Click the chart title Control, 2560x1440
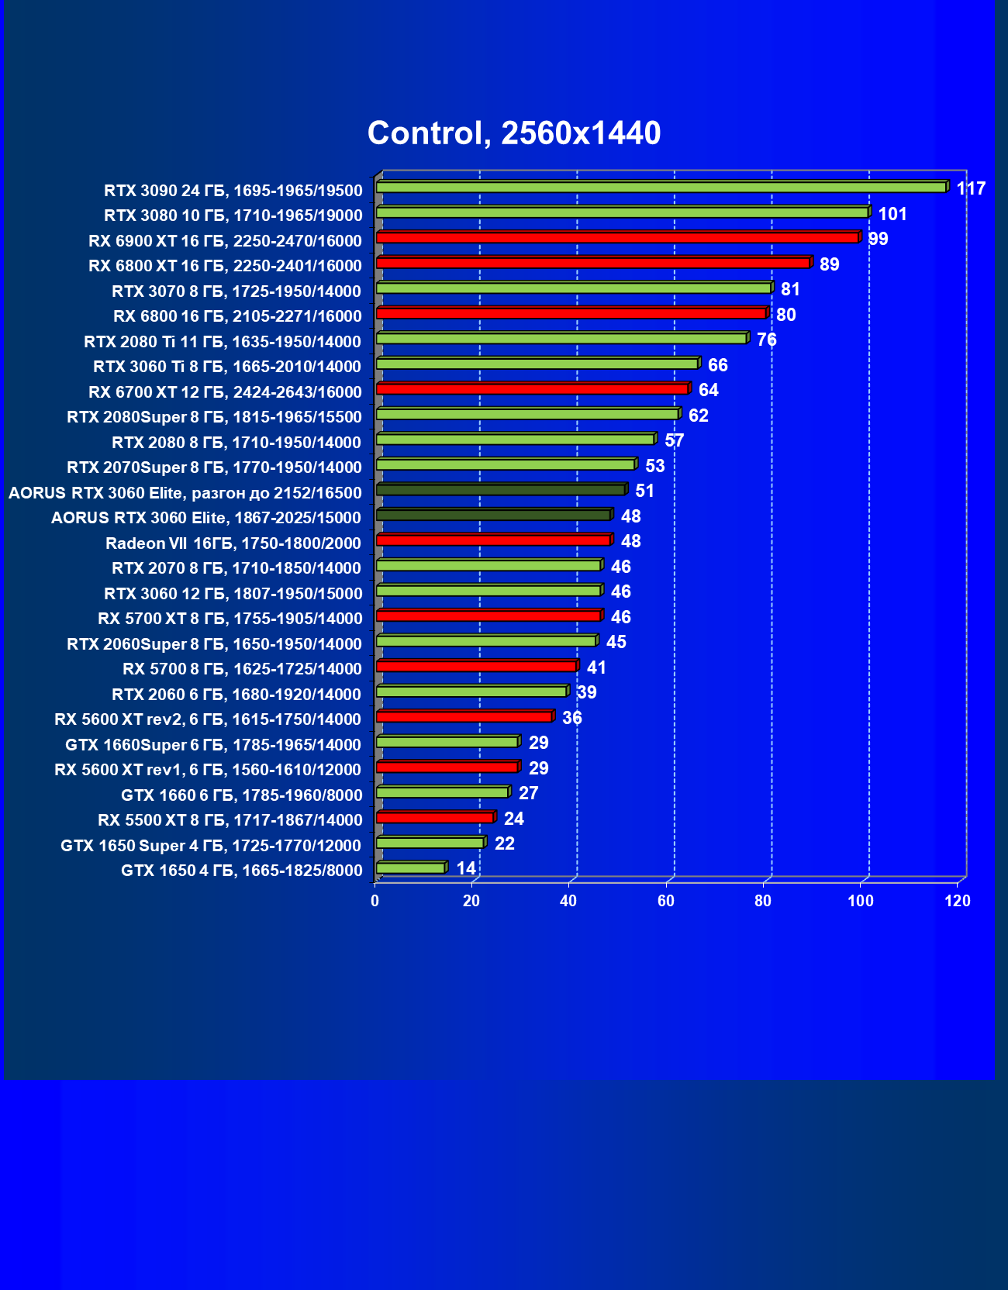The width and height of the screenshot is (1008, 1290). [x=514, y=133]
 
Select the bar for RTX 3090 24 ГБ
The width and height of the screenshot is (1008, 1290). [x=661, y=188]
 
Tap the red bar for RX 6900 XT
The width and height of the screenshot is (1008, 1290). [x=617, y=238]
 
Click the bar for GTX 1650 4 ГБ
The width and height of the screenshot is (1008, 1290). [x=411, y=868]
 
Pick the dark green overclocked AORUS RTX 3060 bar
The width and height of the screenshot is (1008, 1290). [x=501, y=490]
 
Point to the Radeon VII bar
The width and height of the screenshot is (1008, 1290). [x=493, y=540]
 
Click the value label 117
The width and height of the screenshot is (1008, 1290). [x=970, y=188]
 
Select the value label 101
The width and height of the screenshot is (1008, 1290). [x=892, y=214]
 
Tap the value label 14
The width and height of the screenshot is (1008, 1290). [x=466, y=868]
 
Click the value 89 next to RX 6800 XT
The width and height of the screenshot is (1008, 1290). [x=829, y=264]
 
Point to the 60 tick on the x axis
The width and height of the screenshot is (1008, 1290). [x=666, y=901]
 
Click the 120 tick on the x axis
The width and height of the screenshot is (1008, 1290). [x=958, y=901]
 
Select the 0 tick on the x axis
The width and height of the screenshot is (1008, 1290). [x=375, y=901]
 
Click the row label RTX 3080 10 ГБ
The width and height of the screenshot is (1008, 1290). [x=233, y=216]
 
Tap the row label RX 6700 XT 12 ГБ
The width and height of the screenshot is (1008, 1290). [x=225, y=392]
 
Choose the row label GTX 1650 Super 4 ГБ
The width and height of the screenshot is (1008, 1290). [x=211, y=846]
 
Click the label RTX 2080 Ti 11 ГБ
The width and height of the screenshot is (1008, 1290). [x=223, y=342]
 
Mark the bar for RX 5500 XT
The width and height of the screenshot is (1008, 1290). [x=434, y=818]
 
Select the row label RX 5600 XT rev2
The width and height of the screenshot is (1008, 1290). [x=208, y=719]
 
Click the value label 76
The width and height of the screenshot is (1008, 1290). [x=766, y=340]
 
